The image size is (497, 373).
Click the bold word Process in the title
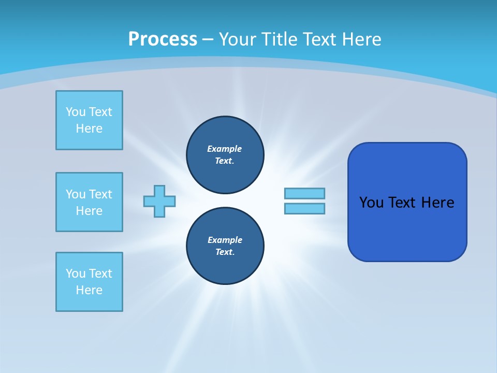coord(163,39)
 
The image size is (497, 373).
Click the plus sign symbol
coord(159,201)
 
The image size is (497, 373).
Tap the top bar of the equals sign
coord(304,193)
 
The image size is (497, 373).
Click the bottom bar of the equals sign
coord(304,208)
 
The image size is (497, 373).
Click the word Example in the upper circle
coord(224,149)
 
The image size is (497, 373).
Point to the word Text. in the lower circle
coord(225,252)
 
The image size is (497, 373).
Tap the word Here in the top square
coord(89,128)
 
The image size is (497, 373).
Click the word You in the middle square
coord(75,194)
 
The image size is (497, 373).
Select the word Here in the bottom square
coord(89,290)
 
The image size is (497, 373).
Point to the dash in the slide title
coord(208,39)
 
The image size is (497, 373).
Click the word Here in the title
coord(361,39)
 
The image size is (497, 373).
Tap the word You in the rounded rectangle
coord(372,203)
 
